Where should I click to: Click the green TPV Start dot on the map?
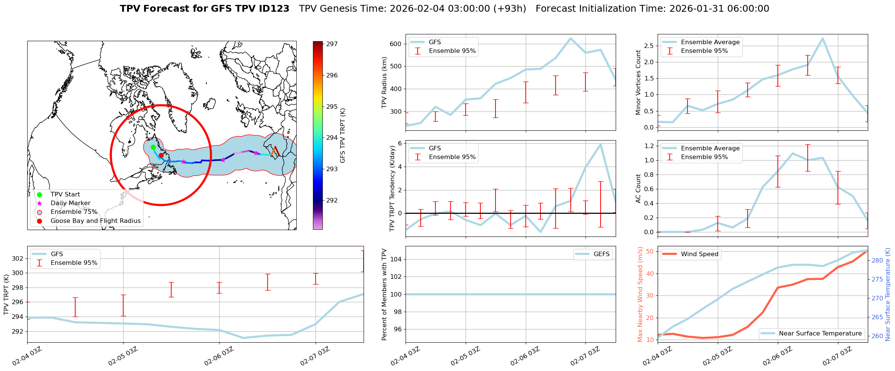coord(153,147)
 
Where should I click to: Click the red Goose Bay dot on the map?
coord(161,155)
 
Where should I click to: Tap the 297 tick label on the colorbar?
coord(332,44)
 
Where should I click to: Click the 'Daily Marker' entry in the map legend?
coord(70,203)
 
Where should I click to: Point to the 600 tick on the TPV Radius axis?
coord(395,44)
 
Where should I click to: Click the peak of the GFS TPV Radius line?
coord(570,38)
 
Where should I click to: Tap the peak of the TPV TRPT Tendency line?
coord(601,144)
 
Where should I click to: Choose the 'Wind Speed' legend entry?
coord(699,254)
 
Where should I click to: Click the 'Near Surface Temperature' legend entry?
coord(820,334)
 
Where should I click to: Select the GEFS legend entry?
coord(601,254)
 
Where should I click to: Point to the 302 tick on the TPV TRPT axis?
coord(18,258)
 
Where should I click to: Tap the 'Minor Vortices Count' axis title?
coord(638,82)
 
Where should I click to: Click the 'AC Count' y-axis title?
coord(638,189)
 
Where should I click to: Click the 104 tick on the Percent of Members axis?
coord(395,259)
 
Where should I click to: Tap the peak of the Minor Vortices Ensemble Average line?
coord(823,38)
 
